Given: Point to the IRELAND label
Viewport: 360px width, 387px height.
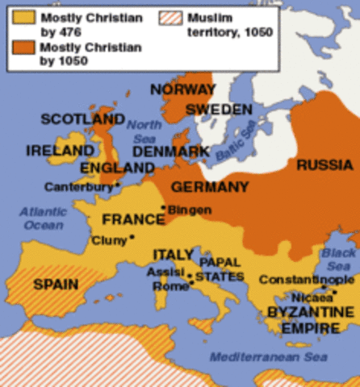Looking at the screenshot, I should click(59, 151).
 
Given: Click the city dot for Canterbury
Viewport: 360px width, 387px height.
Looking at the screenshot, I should click(118, 185).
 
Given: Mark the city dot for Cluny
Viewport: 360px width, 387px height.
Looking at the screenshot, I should click(132, 237).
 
